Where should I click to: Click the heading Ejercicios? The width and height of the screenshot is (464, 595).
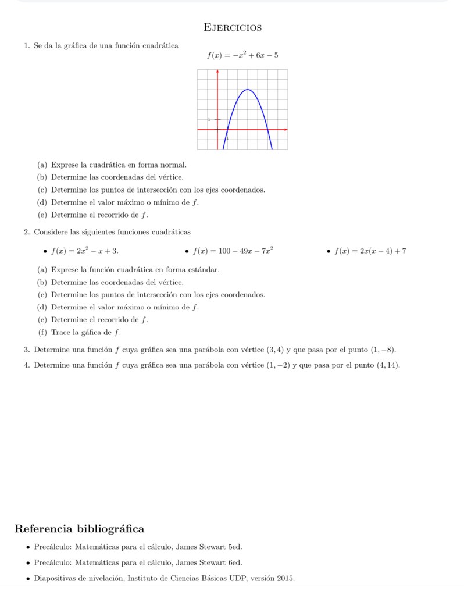coord(233,27)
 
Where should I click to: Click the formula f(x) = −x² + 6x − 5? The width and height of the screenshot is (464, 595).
coord(242,56)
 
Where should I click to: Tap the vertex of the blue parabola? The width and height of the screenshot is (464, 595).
coord(248,90)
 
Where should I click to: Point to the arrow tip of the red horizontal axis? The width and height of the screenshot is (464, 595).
coord(286,129)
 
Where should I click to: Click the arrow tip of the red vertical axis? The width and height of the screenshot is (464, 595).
coord(217,71)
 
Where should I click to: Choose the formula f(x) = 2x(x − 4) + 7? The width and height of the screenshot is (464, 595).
coord(370,251)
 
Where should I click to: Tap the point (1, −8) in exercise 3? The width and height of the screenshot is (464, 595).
coord(383,350)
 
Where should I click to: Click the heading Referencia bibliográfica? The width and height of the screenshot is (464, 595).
coord(79,529)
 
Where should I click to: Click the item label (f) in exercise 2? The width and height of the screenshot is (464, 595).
coord(41,333)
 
